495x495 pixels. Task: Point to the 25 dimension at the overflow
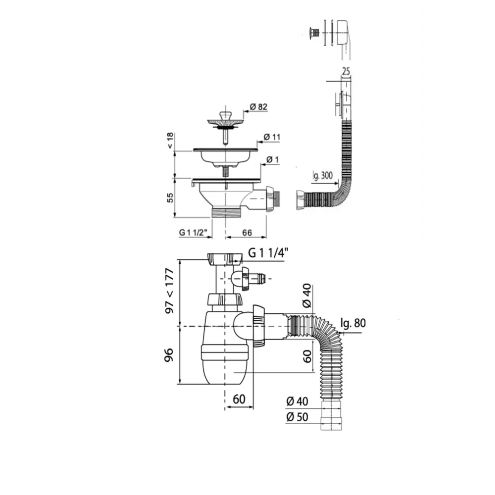coord(346,71)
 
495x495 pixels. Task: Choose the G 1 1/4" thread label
coord(267,253)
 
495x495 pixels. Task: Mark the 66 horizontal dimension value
coord(246,232)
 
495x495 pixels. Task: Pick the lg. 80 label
coord(353,324)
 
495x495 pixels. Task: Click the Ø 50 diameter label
coord(297,417)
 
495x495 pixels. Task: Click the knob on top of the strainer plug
coord(225,115)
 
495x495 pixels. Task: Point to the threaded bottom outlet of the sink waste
coord(225,213)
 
